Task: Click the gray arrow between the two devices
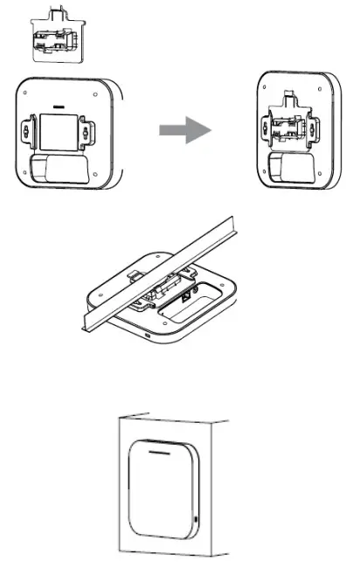(x=185, y=130)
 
